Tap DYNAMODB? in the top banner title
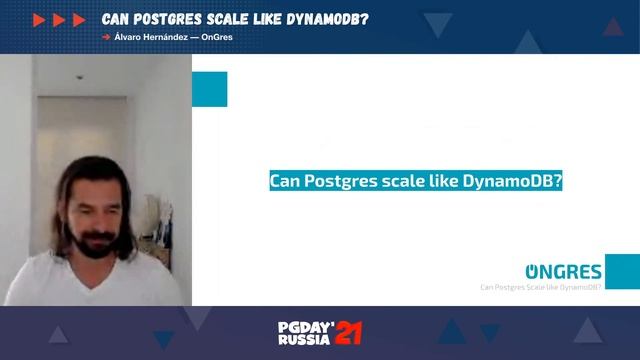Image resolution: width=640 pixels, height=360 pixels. point(310,19)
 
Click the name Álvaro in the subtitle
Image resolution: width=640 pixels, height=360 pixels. point(130,37)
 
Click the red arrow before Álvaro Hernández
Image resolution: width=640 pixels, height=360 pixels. point(106,37)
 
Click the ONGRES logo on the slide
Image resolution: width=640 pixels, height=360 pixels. point(564,271)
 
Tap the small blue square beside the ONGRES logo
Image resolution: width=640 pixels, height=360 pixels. point(621,270)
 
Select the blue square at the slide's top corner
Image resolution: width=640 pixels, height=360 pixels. point(209,88)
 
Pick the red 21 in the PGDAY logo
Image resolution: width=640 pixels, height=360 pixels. point(348,332)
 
